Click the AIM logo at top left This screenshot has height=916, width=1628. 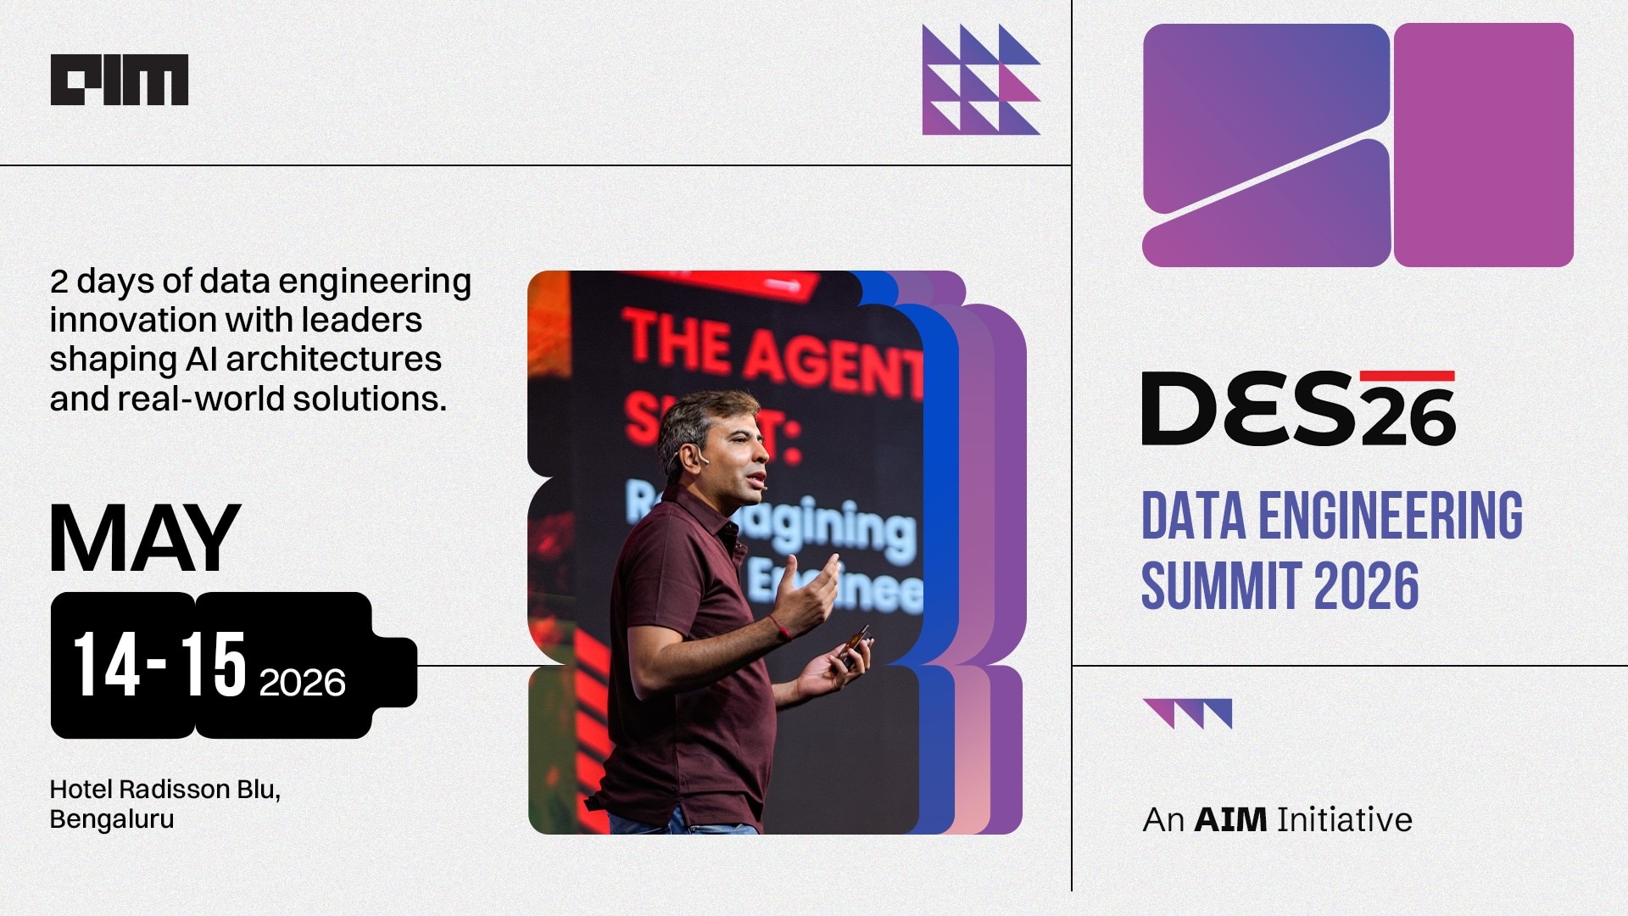120,80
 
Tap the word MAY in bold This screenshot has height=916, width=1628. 145,539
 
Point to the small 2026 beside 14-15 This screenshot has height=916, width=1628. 302,683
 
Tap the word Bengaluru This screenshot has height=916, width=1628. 112,819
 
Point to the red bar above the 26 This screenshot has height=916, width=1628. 1407,376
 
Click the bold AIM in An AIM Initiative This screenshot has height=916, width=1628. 1230,819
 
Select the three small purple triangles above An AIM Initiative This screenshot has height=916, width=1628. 1187,713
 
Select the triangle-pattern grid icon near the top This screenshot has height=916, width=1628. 981,80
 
